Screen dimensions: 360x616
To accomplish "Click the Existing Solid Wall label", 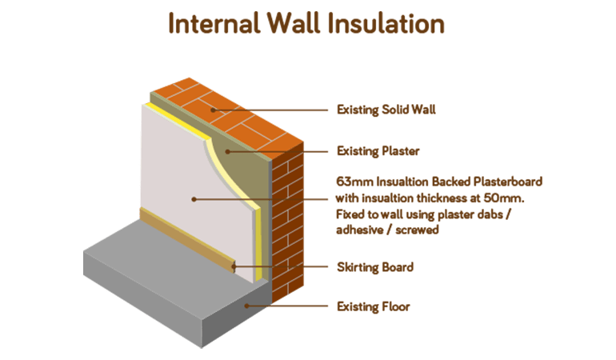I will point(386,110).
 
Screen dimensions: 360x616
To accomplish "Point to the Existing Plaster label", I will point(378,150).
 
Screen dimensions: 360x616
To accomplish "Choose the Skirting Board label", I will point(375,267).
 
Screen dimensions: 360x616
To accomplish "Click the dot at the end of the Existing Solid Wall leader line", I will point(213,110).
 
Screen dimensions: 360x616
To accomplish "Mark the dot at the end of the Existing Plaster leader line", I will point(228,150).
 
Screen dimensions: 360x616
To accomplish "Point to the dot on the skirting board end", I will point(234,267).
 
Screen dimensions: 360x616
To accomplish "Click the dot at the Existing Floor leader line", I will point(247,306).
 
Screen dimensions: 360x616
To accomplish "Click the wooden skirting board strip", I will point(184,239).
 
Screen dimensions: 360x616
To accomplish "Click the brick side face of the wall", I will point(288,224).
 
